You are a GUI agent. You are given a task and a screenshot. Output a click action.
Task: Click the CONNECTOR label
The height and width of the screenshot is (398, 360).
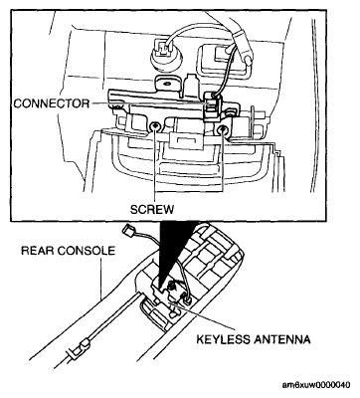click(52, 103)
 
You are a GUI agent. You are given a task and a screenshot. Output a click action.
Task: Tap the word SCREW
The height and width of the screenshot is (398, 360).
click(152, 209)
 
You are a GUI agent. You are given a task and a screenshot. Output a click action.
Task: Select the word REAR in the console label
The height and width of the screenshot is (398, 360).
click(37, 251)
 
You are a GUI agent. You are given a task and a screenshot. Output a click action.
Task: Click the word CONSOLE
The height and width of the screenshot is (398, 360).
click(86, 251)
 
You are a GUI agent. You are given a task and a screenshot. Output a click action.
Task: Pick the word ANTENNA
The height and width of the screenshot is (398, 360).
click(282, 339)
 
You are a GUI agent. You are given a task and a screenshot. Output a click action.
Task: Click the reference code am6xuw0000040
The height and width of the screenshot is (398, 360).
click(316, 385)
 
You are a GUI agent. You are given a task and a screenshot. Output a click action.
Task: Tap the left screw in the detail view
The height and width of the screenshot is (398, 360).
click(155, 126)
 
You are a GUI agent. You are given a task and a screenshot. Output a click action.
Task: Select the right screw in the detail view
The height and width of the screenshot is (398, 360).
click(223, 128)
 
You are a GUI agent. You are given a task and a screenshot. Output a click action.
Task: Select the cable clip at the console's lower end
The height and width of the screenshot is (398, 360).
click(79, 348)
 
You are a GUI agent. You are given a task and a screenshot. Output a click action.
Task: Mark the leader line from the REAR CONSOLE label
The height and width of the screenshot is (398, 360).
click(101, 278)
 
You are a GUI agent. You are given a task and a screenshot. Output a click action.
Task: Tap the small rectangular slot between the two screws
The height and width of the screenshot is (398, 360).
click(185, 140)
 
